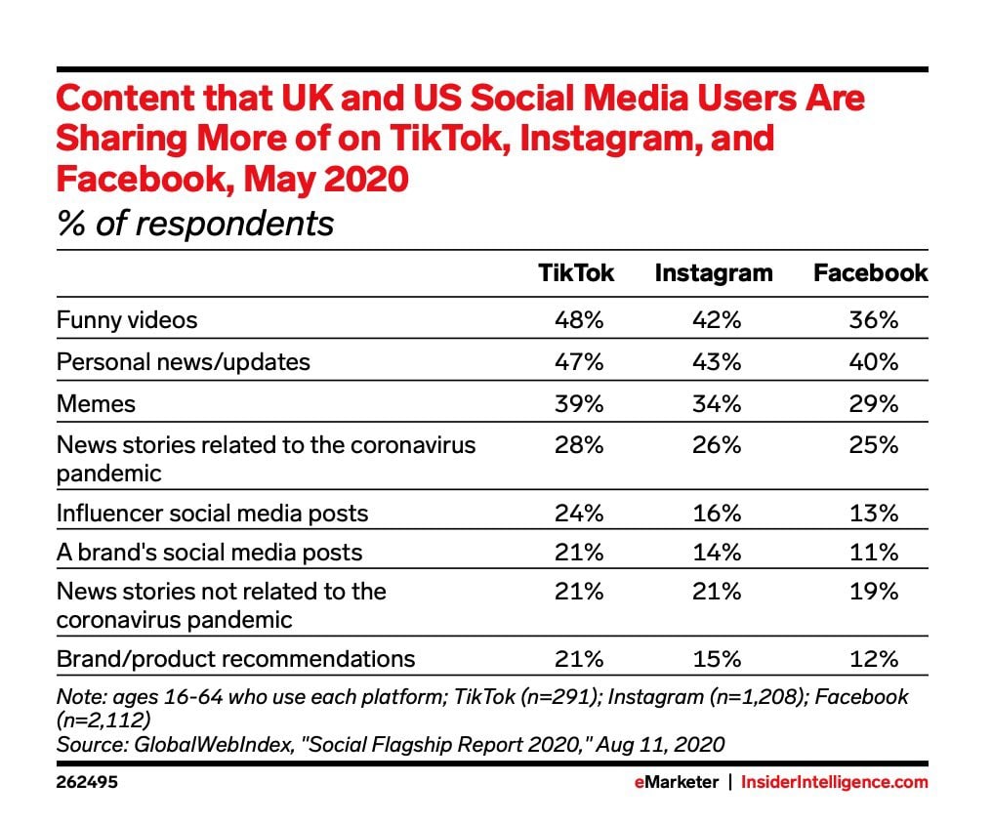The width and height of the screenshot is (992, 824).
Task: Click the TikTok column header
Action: tap(576, 273)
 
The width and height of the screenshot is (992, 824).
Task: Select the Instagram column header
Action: tap(713, 273)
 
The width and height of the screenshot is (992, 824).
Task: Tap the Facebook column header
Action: tap(870, 273)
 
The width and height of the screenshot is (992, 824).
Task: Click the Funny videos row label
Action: tap(127, 319)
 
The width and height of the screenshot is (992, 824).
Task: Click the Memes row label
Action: tap(96, 403)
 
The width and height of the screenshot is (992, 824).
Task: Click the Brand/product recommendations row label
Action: tap(235, 658)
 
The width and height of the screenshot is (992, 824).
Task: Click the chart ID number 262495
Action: tap(88, 783)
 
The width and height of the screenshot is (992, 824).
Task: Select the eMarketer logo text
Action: tap(673, 783)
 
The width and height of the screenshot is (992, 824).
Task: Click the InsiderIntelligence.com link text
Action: tap(834, 783)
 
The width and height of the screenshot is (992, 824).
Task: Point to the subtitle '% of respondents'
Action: tap(195, 224)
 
